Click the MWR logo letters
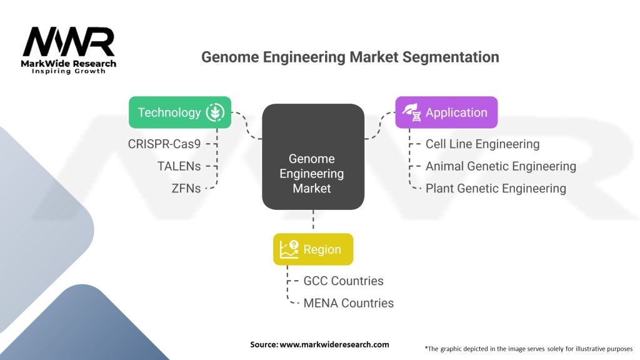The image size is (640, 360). click(69, 42)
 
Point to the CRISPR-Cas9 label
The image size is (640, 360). click(165, 144)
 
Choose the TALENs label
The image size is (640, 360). click(179, 166)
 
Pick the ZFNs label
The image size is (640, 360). click(186, 187)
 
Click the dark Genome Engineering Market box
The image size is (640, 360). click(312, 156)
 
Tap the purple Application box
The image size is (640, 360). click(446, 112)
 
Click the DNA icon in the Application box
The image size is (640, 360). click(411, 112)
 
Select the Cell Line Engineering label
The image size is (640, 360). click(482, 144)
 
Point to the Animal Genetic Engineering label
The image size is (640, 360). click(500, 166)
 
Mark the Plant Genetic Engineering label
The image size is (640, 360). click(495, 188)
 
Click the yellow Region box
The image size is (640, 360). click(312, 249)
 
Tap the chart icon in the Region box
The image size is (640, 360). click(289, 249)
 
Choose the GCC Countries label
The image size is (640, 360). click(343, 281)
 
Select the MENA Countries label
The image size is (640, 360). click(348, 303)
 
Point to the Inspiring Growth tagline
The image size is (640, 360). click(69, 71)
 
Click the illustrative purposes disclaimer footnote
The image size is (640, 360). click(528, 348)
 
